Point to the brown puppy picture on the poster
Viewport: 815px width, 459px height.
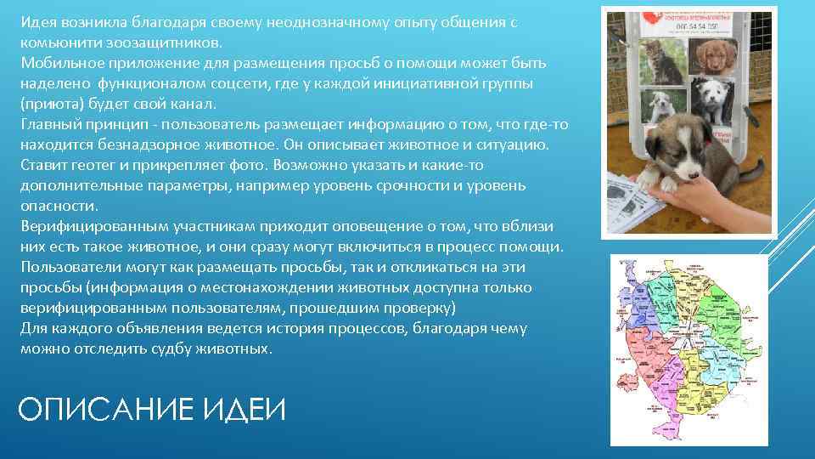(708, 58)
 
